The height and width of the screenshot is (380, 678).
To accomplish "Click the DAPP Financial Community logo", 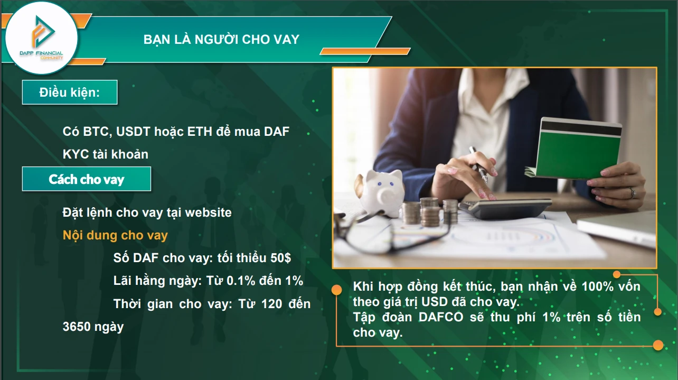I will (41, 40).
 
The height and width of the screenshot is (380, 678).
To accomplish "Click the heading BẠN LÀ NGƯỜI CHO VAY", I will (221, 40).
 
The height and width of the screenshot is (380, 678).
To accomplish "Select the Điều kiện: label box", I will (69, 92).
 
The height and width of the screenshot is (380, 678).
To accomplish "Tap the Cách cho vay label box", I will (86, 179).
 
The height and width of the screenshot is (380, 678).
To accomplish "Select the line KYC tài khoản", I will (105, 154).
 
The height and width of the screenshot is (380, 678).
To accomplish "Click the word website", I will (208, 212).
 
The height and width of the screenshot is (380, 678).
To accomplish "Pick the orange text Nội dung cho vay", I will (115, 235).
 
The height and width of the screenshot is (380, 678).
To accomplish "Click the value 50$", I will (280, 258).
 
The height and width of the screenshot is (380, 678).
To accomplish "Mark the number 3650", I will (77, 327).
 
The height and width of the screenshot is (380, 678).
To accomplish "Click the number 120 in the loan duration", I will (270, 304).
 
